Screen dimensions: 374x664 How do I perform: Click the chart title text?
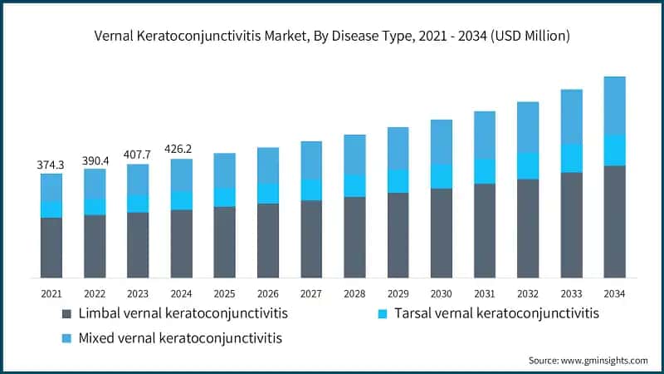point(332,37)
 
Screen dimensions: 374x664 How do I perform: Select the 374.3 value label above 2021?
point(51,165)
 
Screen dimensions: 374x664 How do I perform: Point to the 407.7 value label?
point(138,155)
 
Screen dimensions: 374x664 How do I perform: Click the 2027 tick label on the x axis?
point(311,293)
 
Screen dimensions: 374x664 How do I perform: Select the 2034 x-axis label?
point(614,293)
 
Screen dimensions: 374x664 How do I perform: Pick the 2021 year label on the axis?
point(51,293)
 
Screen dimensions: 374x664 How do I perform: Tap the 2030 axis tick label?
point(441,293)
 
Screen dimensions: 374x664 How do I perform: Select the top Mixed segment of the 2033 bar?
point(571,116)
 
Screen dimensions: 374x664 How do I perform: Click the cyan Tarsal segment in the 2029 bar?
point(398,181)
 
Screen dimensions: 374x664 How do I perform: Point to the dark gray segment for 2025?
point(224,242)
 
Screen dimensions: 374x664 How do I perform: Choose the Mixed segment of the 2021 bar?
point(51,187)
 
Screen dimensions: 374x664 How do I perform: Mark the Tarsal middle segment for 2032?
point(528,165)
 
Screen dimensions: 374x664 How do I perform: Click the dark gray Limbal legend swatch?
point(66,314)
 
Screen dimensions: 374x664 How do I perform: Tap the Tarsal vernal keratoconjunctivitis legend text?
point(496,314)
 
